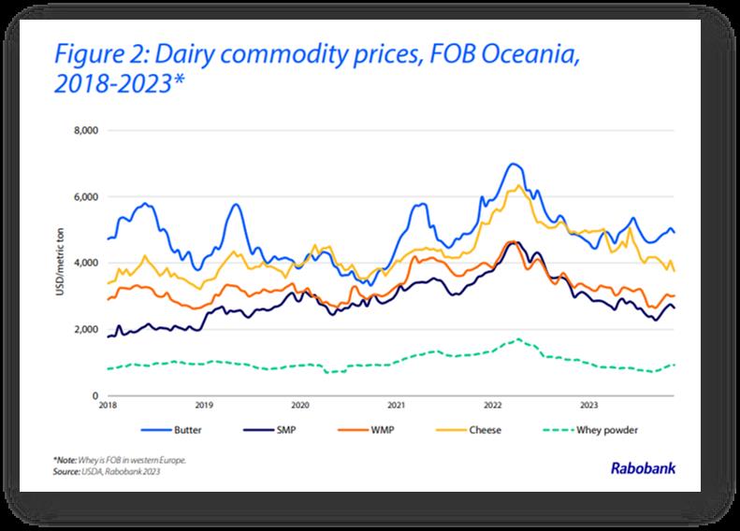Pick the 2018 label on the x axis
pos(109,407)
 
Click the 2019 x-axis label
pos(205,407)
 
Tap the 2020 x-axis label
pos(300,407)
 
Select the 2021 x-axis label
pos(396,407)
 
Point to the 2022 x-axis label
pos(492,407)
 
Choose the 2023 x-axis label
pos(588,407)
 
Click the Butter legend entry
pos(184,432)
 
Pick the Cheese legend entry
pos(489,432)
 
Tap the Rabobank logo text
pos(642,470)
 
